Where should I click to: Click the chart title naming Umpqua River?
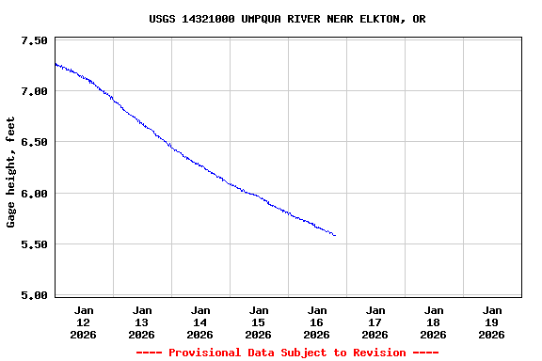pyautogui.click(x=287, y=19)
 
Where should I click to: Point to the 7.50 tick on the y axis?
pyautogui.click(x=33, y=41)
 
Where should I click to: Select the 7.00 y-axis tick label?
pyautogui.click(x=33, y=92)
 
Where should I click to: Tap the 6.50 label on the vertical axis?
pyautogui.click(x=33, y=143)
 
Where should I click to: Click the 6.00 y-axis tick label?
pyautogui.click(x=33, y=194)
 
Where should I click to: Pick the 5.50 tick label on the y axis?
pyautogui.click(x=33, y=244)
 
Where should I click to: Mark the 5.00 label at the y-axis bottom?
pyautogui.click(x=33, y=295)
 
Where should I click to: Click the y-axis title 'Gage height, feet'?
pyautogui.click(x=11, y=172)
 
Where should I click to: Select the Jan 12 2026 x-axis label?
pyautogui.click(x=84, y=322)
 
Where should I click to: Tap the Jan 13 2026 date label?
pyautogui.click(x=142, y=322)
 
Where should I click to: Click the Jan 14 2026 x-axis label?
pyautogui.click(x=200, y=322)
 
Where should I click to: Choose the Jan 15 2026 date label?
pyautogui.click(x=259, y=322)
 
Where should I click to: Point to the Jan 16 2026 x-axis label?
pyautogui.click(x=317, y=322)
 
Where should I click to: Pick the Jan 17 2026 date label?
pyautogui.click(x=375, y=322)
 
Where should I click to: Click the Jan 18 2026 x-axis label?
pyautogui.click(x=434, y=322)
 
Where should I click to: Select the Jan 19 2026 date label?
pyautogui.click(x=491, y=322)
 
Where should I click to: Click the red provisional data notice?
pyautogui.click(x=287, y=353)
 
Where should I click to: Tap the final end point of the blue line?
pyautogui.click(x=335, y=235)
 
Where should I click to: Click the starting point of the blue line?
pyautogui.click(x=56, y=63)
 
